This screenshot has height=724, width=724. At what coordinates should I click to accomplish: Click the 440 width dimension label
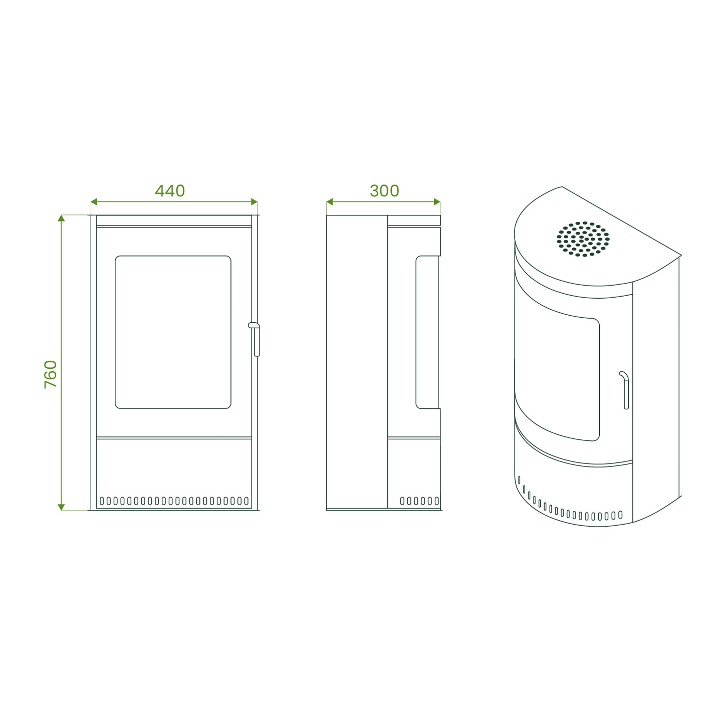point(170,190)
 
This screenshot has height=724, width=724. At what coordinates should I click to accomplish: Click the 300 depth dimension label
point(384,190)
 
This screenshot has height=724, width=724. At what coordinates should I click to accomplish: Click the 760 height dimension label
point(51,374)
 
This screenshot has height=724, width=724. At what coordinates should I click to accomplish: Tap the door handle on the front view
point(255,339)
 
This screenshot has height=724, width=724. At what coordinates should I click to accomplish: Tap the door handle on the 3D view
point(626,390)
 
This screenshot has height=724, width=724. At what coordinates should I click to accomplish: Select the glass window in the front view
point(173,332)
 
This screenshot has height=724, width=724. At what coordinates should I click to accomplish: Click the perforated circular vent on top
point(583,239)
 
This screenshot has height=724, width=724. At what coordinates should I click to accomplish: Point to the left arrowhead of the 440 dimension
point(94,202)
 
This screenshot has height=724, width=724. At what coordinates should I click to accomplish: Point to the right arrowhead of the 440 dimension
point(255,202)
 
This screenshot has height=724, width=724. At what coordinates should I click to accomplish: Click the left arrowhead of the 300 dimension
point(330,202)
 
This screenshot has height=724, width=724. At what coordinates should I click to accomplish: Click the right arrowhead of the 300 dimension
point(437,202)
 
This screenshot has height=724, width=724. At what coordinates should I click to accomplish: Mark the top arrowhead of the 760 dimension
point(61,218)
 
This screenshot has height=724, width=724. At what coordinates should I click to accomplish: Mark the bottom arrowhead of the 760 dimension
point(61,507)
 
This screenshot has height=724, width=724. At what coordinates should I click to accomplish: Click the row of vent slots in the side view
point(419,501)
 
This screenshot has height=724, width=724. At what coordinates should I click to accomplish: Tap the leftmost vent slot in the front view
point(101,501)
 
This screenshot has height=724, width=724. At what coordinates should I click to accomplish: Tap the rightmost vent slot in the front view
point(247,501)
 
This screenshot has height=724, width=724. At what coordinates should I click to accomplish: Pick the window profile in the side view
point(427,332)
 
